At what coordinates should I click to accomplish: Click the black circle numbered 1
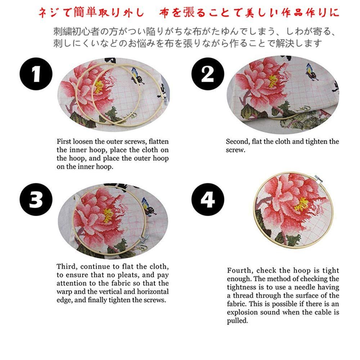click(x=36, y=74)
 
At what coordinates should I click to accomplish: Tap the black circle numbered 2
click(x=208, y=74)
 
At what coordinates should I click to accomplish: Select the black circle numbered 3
click(x=36, y=199)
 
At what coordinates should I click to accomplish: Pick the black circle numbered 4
click(x=208, y=199)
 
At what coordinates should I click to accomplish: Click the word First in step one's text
click(x=64, y=141)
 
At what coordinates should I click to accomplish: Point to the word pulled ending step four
click(x=237, y=321)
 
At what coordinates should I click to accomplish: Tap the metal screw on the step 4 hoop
click(x=319, y=179)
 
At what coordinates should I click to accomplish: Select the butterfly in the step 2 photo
click(x=311, y=72)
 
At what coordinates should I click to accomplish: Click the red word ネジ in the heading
click(x=48, y=13)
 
